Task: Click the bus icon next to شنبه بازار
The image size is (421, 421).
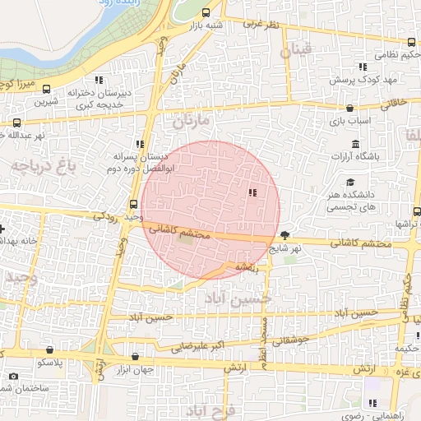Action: click(x=205, y=12)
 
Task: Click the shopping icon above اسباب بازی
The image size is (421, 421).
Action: click(x=350, y=108)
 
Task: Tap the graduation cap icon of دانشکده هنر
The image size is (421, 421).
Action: click(x=350, y=183)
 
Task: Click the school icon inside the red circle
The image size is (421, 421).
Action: click(x=252, y=192)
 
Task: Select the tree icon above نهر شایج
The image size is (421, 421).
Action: click(x=285, y=235)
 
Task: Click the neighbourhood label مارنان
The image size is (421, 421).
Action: click(x=192, y=122)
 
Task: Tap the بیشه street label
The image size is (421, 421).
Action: click(x=247, y=267)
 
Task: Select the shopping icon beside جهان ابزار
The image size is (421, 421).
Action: click(x=135, y=357)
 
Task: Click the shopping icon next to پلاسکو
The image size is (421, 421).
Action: click(x=51, y=349)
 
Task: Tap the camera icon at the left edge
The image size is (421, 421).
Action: click(x=13, y=377)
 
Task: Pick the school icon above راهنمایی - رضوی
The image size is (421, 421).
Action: click(x=372, y=404)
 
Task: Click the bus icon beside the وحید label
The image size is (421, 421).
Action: click(x=134, y=205)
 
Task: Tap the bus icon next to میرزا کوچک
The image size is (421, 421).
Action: click(x=46, y=89)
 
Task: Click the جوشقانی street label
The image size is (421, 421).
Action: click(x=287, y=338)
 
